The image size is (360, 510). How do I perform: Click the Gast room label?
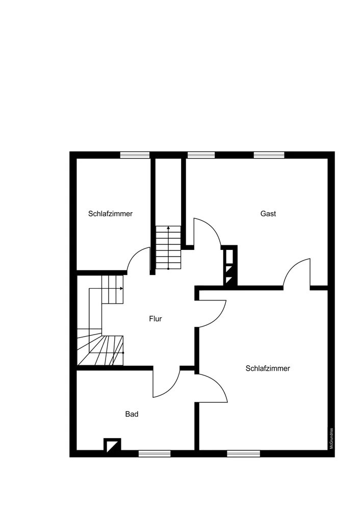pos(268,214)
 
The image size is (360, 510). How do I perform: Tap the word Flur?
pos(156,319)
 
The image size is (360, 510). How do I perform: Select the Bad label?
pos(132,414)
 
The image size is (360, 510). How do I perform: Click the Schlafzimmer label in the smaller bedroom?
pos(110,214)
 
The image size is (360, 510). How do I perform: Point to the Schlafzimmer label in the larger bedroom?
pos(268,368)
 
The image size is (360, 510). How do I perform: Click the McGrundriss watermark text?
pos(331,439)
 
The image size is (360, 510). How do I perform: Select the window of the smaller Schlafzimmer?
pos(135,155)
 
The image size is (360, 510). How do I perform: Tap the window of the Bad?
pos(155,453)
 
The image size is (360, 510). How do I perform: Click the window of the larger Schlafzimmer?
pos(243,453)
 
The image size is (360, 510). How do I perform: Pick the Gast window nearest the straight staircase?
pos(201,155)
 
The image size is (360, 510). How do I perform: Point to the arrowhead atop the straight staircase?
pos(168,228)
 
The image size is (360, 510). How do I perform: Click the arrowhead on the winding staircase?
pos(121,289)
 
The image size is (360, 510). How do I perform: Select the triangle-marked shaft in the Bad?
pos(112,445)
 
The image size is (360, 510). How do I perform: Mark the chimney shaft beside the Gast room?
pos(230,266)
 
